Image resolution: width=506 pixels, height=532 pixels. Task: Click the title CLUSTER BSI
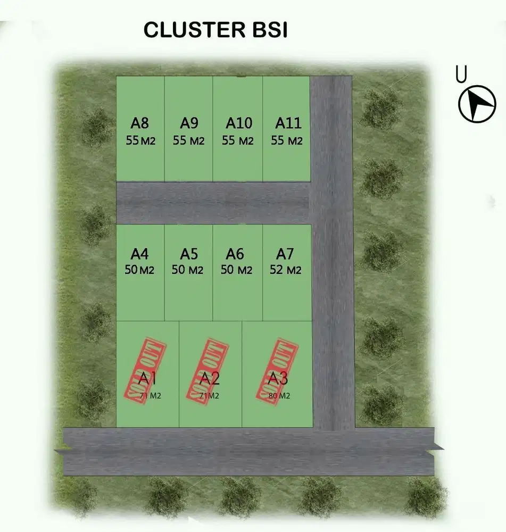pos(215,30)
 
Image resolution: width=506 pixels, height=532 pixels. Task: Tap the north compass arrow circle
pos(477,103)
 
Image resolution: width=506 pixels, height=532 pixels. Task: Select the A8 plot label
pos(140,123)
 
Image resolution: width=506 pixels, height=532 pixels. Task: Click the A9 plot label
pos(189,123)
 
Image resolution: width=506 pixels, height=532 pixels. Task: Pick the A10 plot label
pos(238,123)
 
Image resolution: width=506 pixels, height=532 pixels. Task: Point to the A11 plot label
pos(288,123)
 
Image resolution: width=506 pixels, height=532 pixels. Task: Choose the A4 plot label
pos(139,254)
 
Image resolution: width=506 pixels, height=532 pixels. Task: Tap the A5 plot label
pos(189,254)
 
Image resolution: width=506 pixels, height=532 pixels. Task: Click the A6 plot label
pos(235,254)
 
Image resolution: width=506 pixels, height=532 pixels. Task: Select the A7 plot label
pos(285,254)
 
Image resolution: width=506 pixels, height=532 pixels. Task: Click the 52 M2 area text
pos(286,270)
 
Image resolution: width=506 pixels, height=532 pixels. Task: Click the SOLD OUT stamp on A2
pos(206,369)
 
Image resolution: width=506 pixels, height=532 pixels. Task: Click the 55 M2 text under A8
pos(141,141)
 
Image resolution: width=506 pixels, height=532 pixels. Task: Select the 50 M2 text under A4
pos(139,270)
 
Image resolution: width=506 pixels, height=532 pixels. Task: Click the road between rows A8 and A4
pos(213,203)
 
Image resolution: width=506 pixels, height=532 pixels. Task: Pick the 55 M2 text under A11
pos(287,141)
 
